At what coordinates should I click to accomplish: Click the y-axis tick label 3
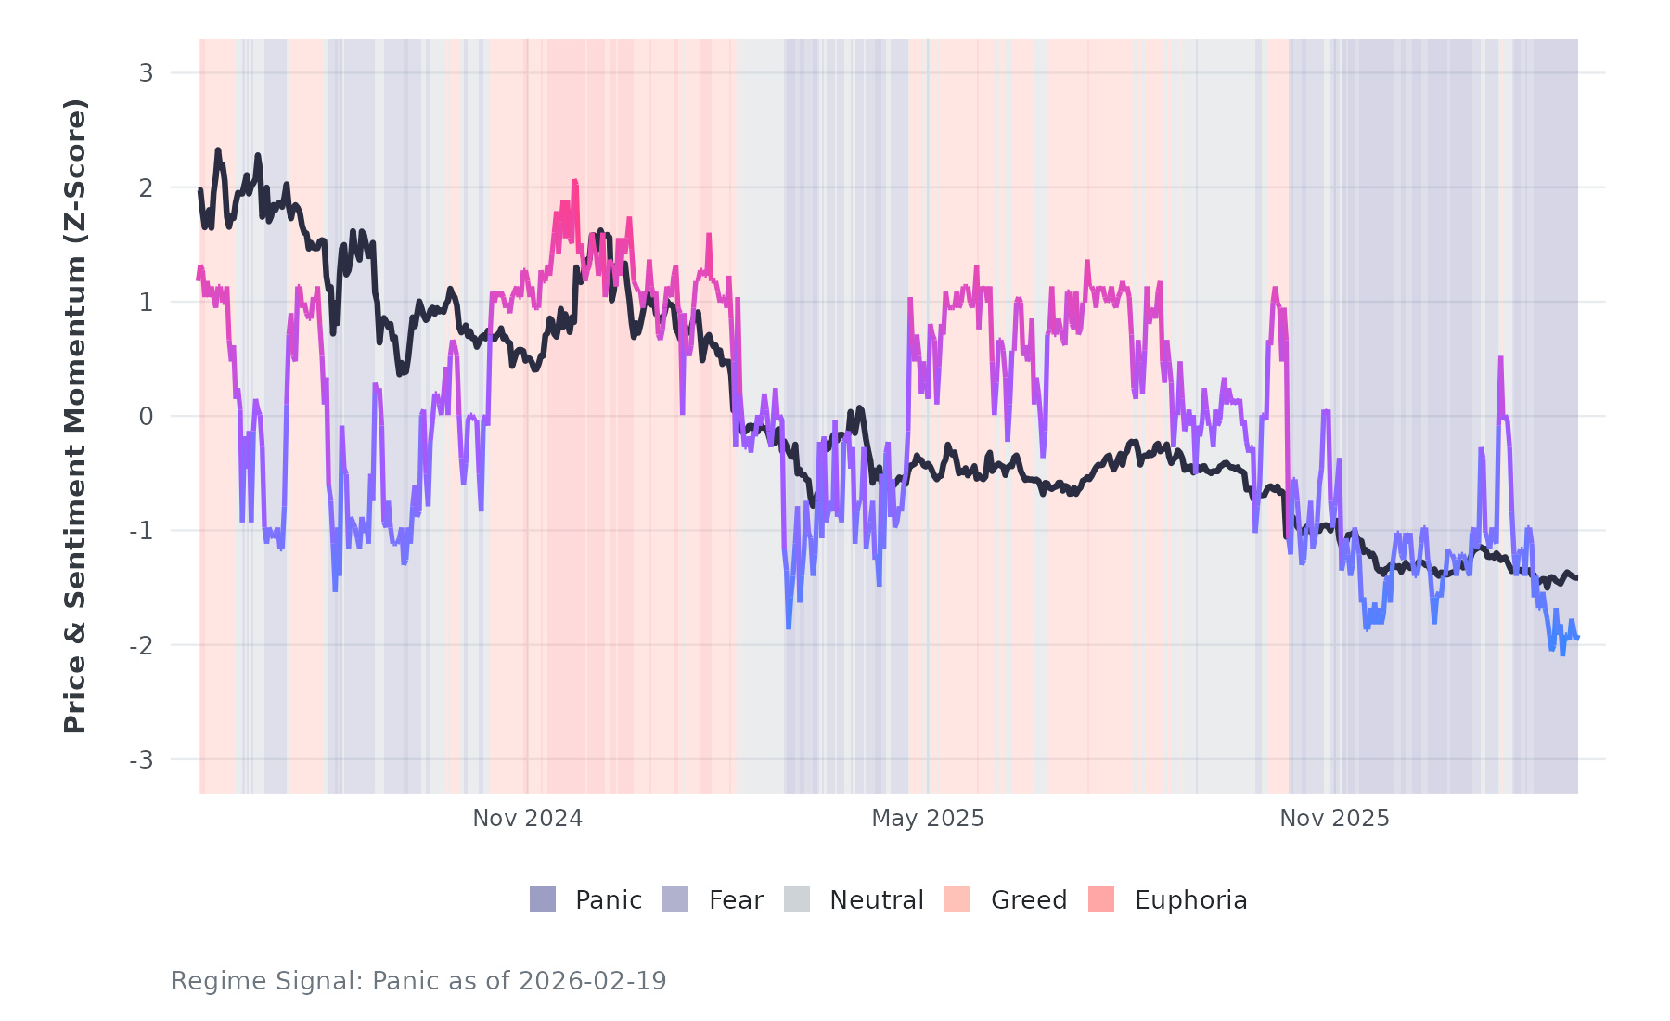146,73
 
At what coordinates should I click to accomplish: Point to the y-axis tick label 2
146,187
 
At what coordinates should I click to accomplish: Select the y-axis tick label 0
146,417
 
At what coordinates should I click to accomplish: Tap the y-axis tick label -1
142,531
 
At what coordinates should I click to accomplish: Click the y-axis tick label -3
142,760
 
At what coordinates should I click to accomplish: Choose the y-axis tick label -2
142,645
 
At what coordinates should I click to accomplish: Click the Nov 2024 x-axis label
527,819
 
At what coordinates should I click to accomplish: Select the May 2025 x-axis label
927,819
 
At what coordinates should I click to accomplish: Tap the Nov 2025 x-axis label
1334,819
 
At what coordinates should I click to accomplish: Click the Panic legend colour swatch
543,899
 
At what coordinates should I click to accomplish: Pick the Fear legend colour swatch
675,899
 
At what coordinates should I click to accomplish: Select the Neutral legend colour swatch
797,899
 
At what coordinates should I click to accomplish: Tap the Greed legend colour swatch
957,899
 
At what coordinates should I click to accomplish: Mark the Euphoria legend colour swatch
1101,899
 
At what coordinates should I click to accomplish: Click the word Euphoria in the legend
1190,900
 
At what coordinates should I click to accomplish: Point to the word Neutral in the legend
876,900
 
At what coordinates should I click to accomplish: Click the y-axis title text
75,416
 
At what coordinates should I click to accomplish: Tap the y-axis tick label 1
146,303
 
